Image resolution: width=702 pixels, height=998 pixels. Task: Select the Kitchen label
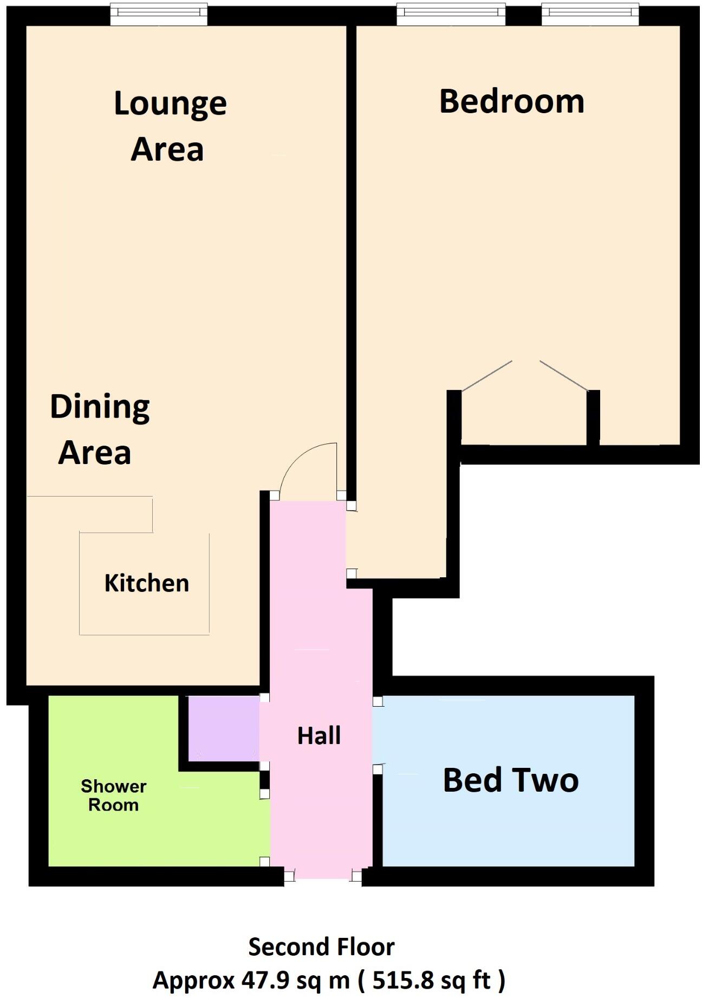pos(147,583)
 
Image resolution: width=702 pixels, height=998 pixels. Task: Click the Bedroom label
pos(511,102)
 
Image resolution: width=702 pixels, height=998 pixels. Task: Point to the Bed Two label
pos(510,780)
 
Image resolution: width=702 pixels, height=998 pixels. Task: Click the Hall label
pos(319,736)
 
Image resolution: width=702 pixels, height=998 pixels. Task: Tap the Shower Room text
pos(113,795)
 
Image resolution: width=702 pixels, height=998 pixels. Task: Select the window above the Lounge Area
pos(159,15)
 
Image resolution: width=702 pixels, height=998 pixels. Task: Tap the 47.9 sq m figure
pos(296,980)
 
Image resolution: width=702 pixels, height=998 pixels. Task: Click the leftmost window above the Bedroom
pos(451,15)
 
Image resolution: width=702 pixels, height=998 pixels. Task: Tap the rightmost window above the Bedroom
pos(590,15)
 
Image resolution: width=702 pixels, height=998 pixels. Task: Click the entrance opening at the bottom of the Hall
pos(323,876)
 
